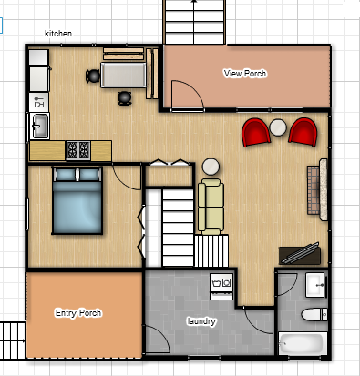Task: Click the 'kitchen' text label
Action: [58, 35]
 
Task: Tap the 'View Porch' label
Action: [244, 73]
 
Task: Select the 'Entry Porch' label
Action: [77, 313]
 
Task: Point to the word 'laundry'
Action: [201, 321]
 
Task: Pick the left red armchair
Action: [256, 132]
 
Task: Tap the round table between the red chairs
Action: [279, 128]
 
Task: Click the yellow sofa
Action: [211, 205]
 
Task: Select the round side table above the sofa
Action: [211, 167]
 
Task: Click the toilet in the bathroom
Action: [311, 316]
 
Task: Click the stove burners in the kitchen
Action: [77, 148]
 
